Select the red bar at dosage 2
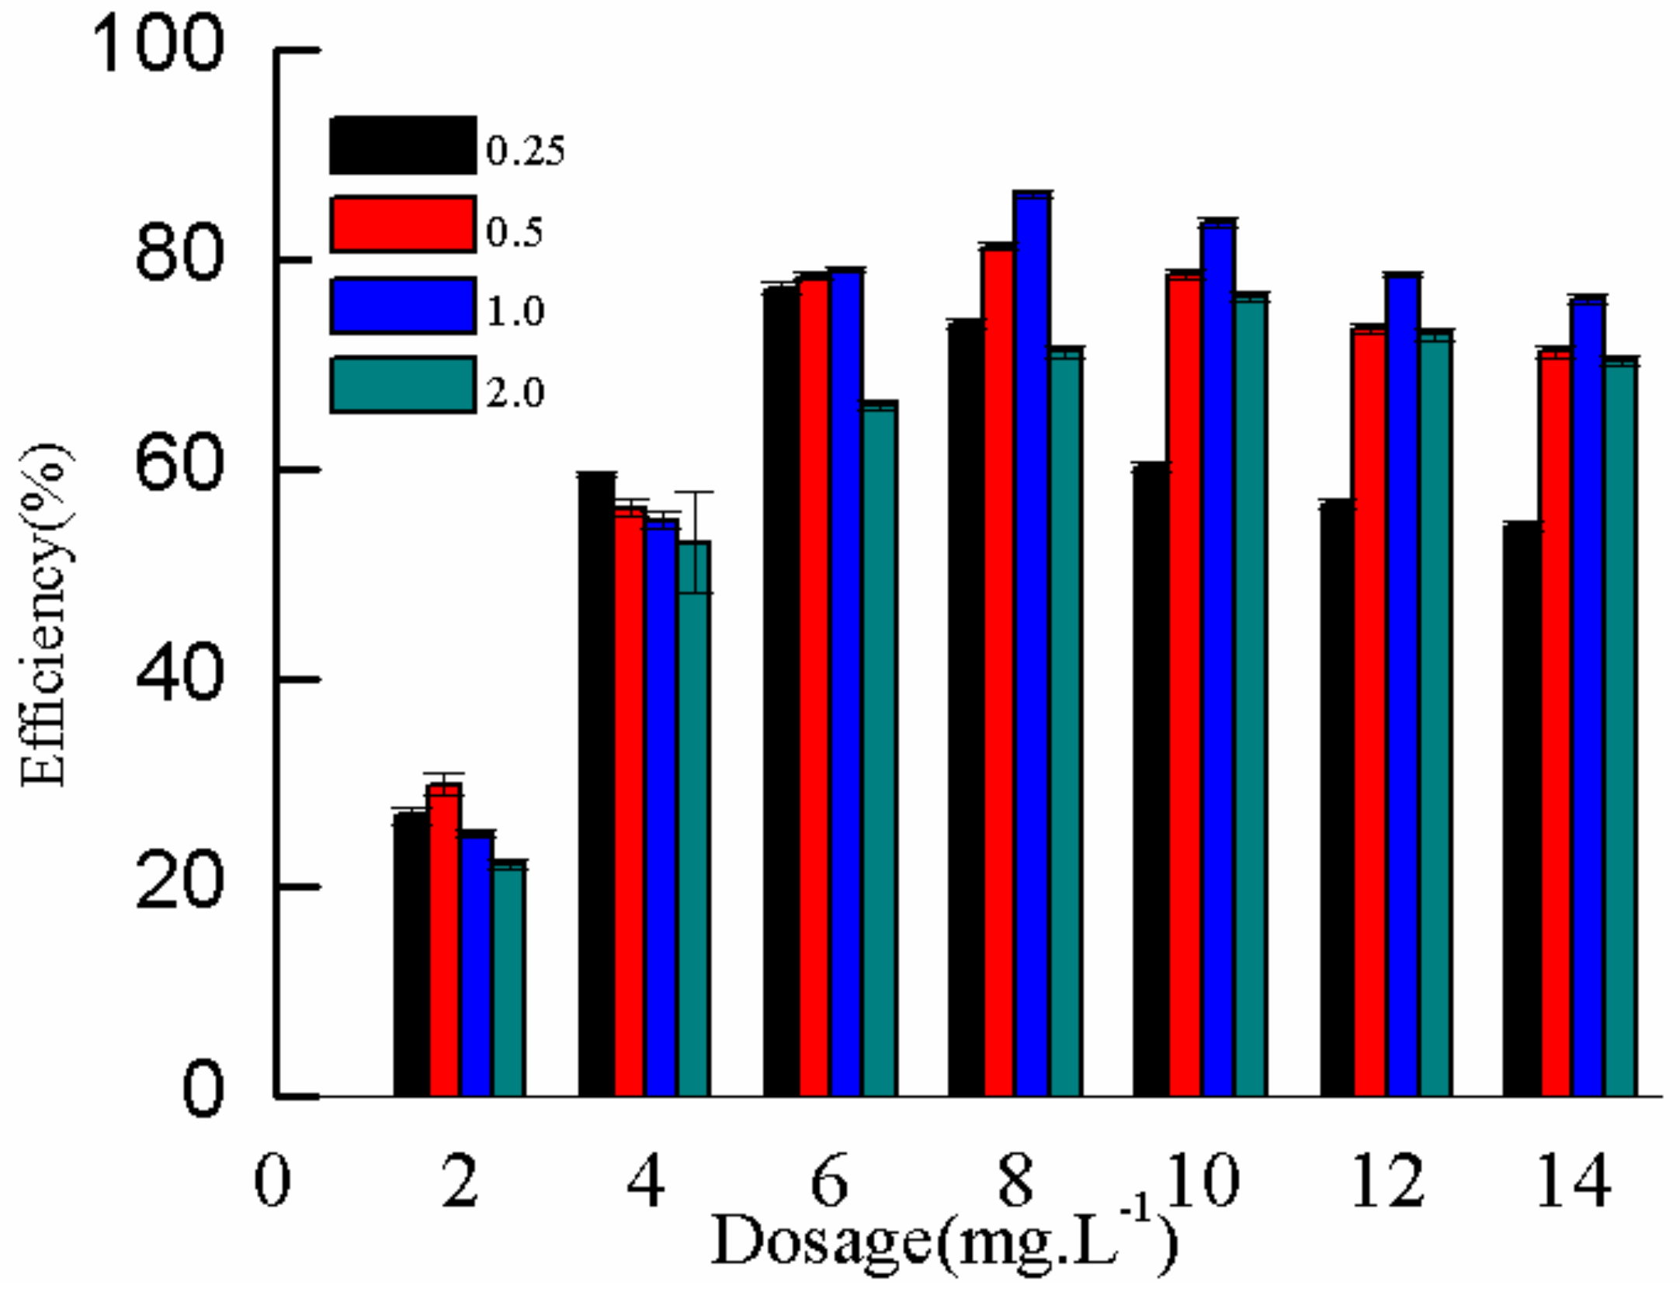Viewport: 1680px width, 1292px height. point(445,939)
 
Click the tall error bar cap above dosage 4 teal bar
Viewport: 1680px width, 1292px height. point(694,492)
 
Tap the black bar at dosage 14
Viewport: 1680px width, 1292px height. point(1522,808)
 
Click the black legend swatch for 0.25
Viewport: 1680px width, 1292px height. point(403,146)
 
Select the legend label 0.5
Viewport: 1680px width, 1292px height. point(514,231)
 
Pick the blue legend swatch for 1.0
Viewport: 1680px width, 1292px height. point(403,306)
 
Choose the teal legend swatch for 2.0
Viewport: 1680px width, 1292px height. point(403,386)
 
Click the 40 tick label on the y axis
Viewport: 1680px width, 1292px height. point(179,678)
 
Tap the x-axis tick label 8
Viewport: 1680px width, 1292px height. point(1015,1181)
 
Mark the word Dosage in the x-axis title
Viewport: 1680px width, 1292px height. point(821,1241)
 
